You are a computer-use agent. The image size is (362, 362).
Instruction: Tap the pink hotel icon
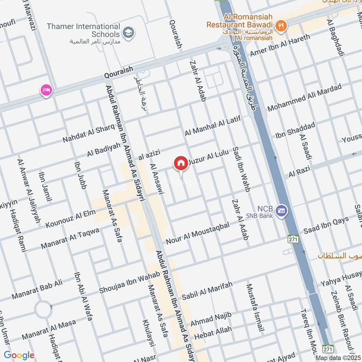pyautogui.click(x=46, y=90)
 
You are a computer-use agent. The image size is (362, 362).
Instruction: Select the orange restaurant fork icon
pyautogui.click(x=281, y=25)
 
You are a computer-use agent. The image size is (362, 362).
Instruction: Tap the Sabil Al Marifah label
pyautogui.click(x=207, y=290)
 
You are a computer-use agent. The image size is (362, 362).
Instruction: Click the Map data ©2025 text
pyautogui.click(x=338, y=357)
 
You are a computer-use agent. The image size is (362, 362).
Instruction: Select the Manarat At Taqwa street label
pyautogui.click(x=70, y=238)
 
